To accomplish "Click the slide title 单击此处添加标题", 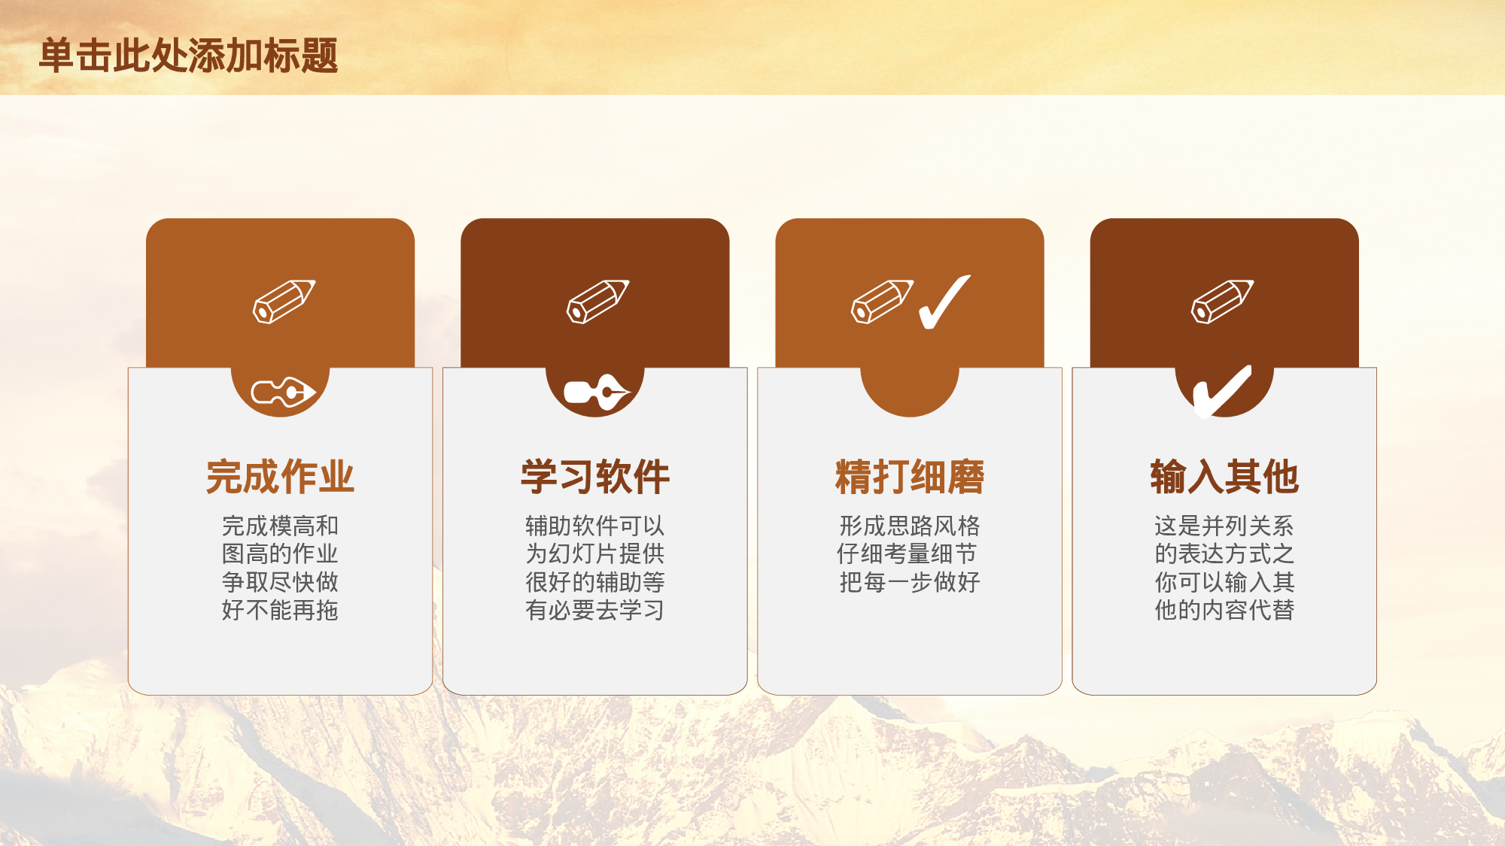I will [188, 56].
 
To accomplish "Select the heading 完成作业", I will [280, 477].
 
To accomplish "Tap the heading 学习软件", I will [594, 477].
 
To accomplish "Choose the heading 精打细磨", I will [909, 477].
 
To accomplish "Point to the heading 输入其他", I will [1224, 477].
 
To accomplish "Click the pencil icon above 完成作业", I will [284, 302].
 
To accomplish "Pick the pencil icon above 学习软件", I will [597, 302].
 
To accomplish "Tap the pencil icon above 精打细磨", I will [882, 302].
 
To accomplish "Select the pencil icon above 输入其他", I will [1222, 302].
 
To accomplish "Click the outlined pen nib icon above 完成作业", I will [282, 392].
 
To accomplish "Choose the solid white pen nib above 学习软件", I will [596, 393].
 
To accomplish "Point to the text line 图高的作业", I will [280, 554].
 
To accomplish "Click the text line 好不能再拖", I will [280, 610].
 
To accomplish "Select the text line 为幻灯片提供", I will [594, 554].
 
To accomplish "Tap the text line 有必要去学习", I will [594, 610].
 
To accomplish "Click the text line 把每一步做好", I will [909, 582].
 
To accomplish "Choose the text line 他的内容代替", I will [1224, 610].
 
